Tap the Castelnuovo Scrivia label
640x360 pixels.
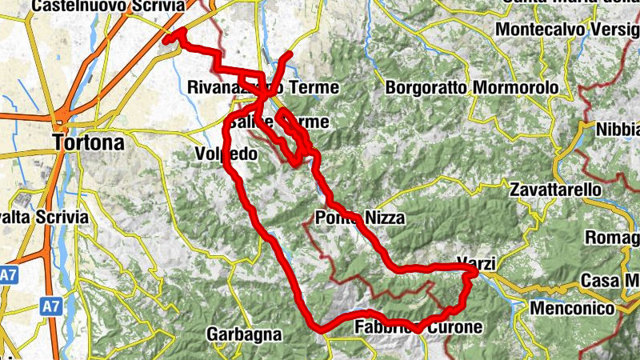click(x=107, y=6)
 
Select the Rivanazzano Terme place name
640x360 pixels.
click(x=262, y=87)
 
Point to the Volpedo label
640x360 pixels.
click(x=226, y=153)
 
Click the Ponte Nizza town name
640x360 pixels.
click(x=359, y=217)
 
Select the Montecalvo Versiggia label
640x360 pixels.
click(x=566, y=30)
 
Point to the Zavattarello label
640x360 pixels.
click(x=554, y=190)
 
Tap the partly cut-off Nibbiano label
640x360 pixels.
click(x=617, y=130)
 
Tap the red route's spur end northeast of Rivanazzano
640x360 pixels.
click(x=290, y=54)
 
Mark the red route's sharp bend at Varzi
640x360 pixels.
click(x=476, y=273)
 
